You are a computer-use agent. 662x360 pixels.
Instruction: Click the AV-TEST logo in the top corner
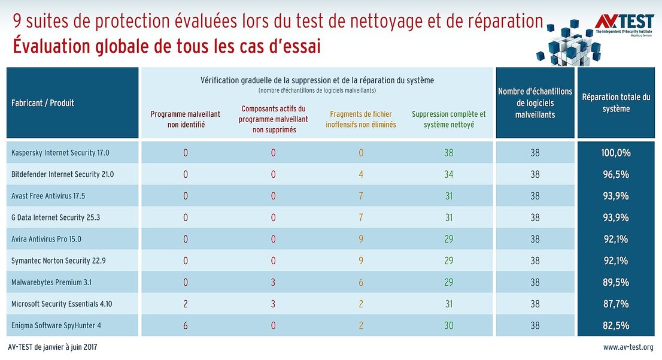(x=624, y=23)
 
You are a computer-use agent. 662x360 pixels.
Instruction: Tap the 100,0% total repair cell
(x=616, y=153)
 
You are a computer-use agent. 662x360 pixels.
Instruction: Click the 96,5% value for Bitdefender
(x=616, y=174)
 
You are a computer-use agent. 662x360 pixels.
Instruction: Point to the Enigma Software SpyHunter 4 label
(x=56, y=325)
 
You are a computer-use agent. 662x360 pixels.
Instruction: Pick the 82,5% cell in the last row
(x=616, y=325)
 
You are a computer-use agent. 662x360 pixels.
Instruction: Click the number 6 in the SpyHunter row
(x=186, y=325)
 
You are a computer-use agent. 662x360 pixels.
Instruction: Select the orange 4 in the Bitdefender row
(x=361, y=174)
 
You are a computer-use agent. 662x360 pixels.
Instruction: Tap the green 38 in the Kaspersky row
(x=449, y=153)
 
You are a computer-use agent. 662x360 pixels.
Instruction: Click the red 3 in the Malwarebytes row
(x=273, y=282)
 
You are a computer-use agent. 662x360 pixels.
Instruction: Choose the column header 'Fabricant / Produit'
(x=42, y=103)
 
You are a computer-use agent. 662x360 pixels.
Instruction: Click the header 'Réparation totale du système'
(x=616, y=102)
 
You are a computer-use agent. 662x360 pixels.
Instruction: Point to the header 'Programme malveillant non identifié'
(x=186, y=119)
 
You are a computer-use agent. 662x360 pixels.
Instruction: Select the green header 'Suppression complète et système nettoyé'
(x=449, y=119)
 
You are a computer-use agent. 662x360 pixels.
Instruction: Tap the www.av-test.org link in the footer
(x=628, y=347)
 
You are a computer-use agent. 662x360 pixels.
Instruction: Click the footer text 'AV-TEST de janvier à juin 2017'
(x=53, y=347)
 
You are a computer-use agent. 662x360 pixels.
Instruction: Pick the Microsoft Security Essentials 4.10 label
(x=62, y=304)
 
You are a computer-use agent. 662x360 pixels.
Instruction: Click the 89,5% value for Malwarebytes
(x=616, y=282)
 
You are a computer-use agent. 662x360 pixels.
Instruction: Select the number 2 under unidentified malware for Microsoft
(x=186, y=304)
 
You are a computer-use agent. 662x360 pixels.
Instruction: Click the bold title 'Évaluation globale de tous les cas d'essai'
(x=166, y=47)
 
